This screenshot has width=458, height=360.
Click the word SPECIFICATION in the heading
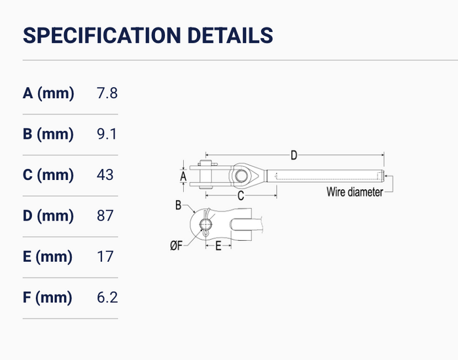[x=101, y=35]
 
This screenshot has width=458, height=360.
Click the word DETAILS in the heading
[x=230, y=35]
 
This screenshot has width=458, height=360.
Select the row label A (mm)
[x=48, y=94]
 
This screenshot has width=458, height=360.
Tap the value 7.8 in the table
[x=107, y=93]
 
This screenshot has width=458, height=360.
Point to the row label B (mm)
[x=48, y=134]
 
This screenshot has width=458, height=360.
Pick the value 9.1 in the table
[x=107, y=134]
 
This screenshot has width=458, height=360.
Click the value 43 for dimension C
[x=105, y=175]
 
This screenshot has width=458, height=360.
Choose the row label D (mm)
[x=48, y=216]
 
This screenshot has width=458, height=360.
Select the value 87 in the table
[x=105, y=215]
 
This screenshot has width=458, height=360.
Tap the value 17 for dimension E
[x=105, y=257]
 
